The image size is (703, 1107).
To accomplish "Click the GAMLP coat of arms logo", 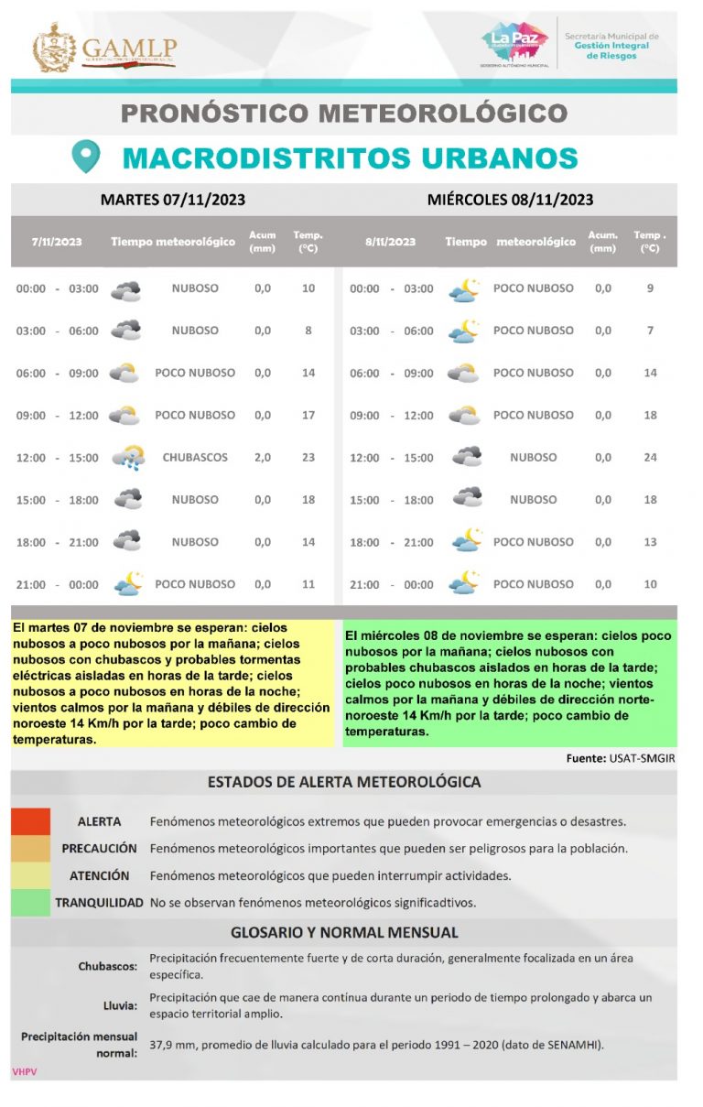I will click(54, 48).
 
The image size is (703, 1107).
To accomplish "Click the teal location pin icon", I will click(85, 157).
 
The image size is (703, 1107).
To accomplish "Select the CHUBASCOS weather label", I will click(195, 457).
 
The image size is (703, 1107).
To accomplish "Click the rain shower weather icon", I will click(126, 457).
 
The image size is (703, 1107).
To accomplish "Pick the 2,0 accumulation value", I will click(263, 457).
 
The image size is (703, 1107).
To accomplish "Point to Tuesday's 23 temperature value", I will click(308, 457).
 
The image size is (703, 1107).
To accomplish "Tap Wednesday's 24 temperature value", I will click(650, 457).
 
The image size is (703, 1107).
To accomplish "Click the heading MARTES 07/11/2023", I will click(173, 200).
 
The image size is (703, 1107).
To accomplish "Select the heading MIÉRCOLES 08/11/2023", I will click(510, 200).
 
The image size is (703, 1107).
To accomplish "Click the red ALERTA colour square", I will click(31, 821).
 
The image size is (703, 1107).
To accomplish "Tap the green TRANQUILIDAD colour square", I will click(31, 902).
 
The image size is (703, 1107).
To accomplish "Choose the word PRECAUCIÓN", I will click(100, 849).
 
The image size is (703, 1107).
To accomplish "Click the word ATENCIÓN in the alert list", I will click(100, 875).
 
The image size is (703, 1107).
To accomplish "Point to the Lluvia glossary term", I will click(120, 1005).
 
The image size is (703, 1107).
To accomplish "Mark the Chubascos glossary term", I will click(108, 965).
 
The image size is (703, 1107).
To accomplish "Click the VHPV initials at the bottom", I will click(24, 1071).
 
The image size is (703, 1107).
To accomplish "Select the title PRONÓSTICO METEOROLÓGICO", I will click(344, 114).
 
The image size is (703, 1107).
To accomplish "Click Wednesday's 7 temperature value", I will click(650, 331).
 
